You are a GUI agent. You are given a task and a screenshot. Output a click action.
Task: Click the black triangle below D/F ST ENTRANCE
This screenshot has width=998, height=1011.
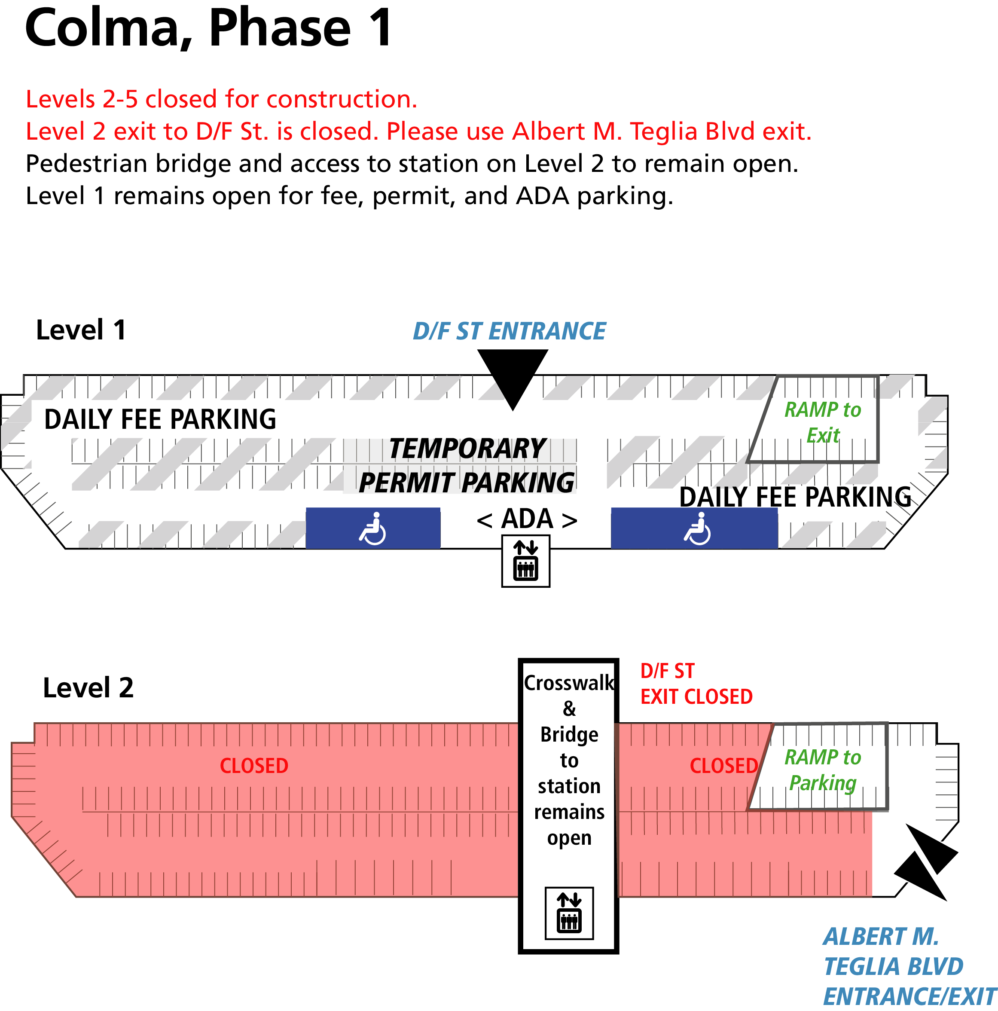coord(513,374)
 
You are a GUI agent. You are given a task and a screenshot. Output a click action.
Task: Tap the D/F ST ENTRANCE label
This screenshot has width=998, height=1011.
coord(509,331)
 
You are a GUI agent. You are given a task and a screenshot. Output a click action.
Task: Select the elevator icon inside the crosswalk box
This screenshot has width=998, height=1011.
coord(569,913)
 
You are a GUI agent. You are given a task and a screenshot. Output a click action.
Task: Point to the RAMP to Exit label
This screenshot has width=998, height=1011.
coord(822,422)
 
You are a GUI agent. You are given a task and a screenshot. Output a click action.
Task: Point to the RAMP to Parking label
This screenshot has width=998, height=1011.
coord(822,770)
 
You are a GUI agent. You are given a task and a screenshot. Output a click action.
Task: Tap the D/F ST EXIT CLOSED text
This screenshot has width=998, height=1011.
coord(696,684)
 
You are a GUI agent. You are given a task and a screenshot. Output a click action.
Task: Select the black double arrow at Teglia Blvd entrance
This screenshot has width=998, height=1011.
coord(925,862)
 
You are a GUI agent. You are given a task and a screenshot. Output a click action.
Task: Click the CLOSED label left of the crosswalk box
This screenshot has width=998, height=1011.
coord(254,766)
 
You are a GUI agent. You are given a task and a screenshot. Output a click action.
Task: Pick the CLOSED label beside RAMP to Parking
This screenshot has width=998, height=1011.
coord(723,766)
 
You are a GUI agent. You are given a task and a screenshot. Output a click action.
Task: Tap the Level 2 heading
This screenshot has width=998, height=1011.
coord(88,687)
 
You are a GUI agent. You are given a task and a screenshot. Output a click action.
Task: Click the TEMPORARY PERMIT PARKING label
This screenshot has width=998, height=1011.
coord(466,465)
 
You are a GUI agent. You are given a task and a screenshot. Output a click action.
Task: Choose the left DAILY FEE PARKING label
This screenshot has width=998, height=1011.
coord(160,419)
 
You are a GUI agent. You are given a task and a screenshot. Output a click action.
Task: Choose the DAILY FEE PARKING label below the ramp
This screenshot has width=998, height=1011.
coord(794,497)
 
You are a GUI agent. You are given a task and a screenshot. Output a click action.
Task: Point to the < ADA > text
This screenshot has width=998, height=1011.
coord(526,519)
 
